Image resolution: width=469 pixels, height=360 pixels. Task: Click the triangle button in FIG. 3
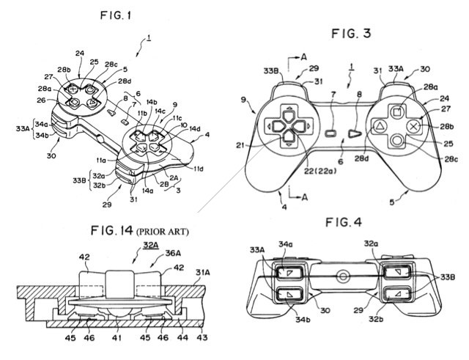(x=380, y=126)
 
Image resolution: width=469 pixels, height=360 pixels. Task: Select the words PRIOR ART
(x=164, y=232)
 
